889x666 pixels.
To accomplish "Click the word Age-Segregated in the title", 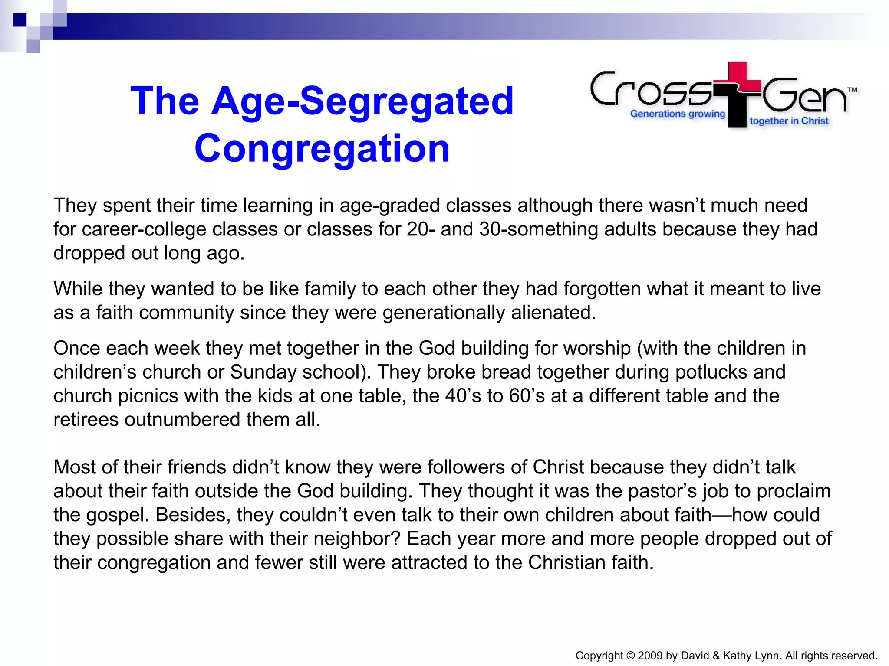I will click(x=362, y=102).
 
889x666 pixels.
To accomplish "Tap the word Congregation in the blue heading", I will click(x=322, y=149).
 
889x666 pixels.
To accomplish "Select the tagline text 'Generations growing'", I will click(x=678, y=114).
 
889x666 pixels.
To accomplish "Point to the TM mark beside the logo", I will click(x=852, y=90).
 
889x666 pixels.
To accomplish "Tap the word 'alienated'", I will click(x=553, y=313).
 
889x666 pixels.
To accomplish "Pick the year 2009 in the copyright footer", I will click(x=649, y=656).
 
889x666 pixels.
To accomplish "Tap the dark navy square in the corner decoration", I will click(x=20, y=20).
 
